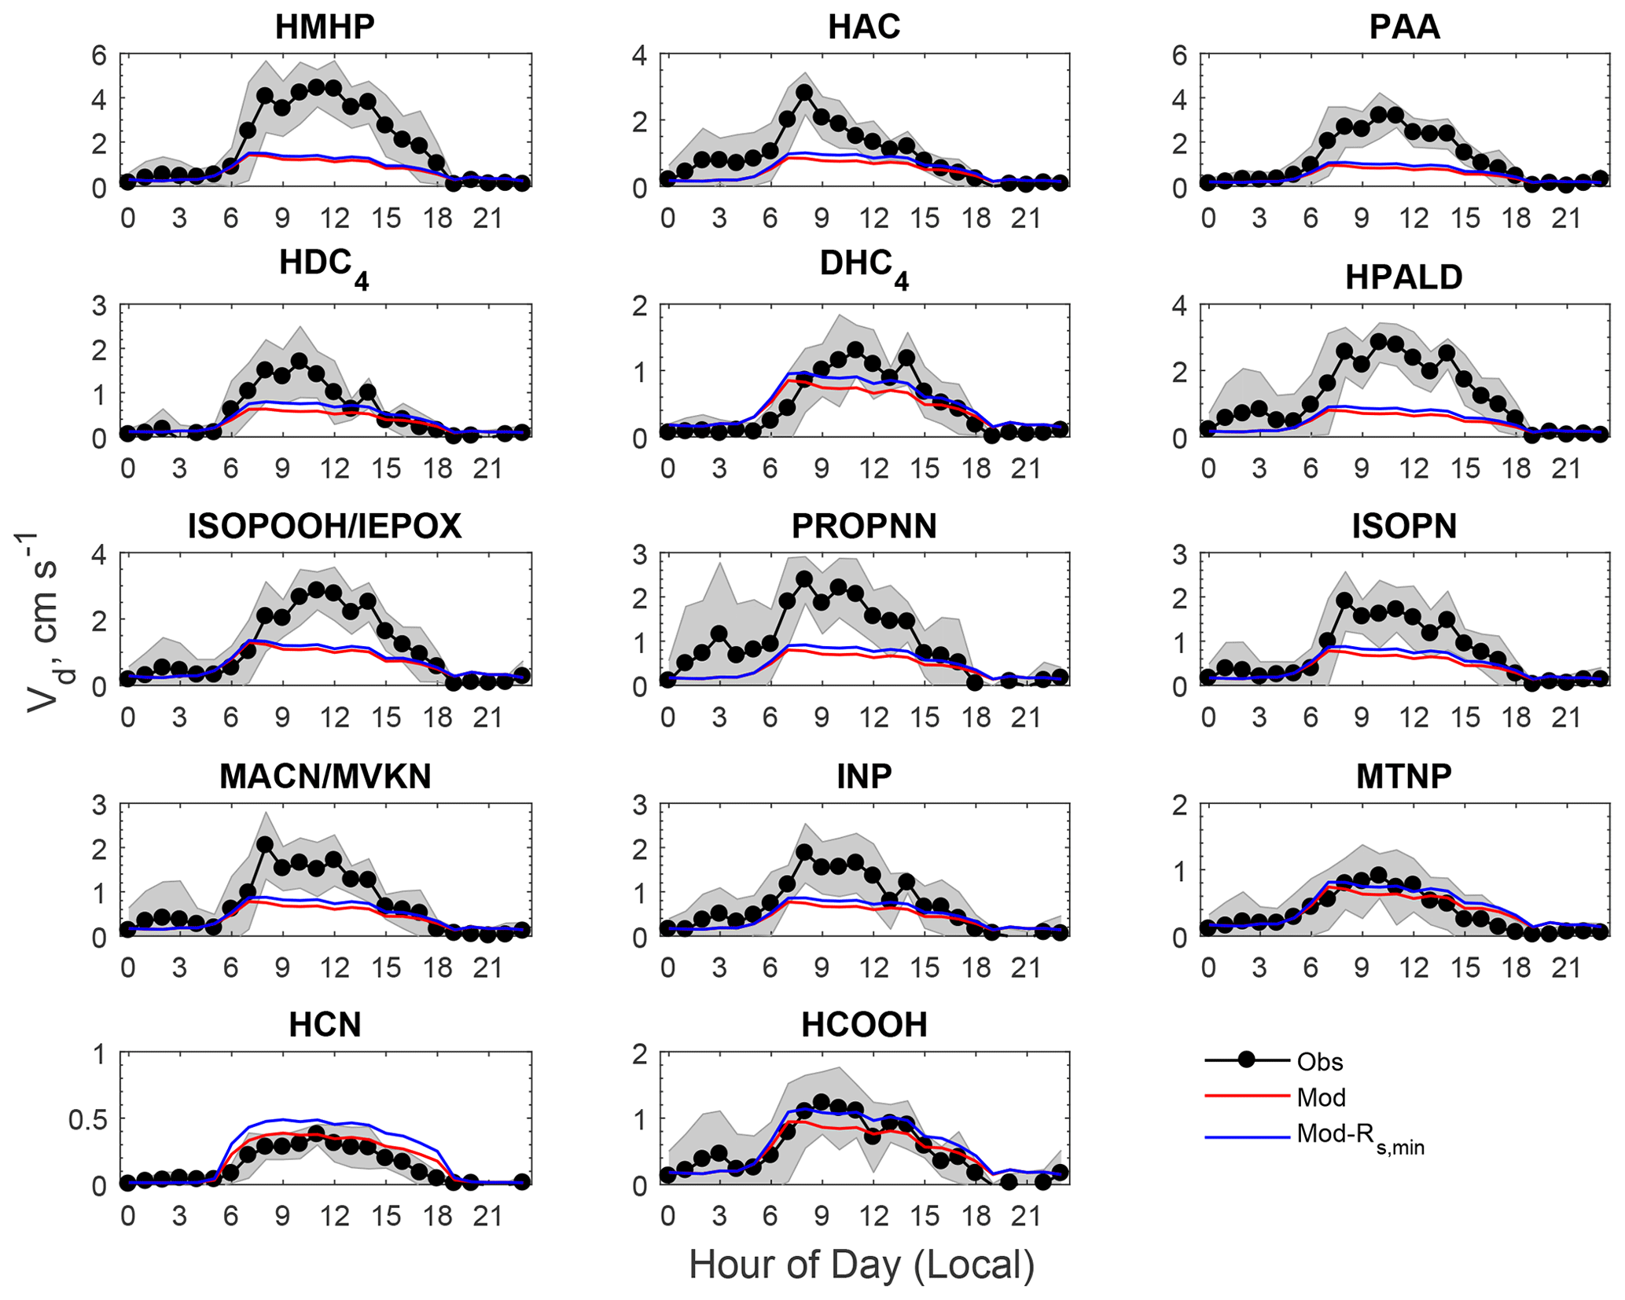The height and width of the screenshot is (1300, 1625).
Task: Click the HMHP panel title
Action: [325, 27]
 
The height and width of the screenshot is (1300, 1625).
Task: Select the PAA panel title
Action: [1404, 27]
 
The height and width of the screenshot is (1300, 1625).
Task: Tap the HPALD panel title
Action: [1404, 277]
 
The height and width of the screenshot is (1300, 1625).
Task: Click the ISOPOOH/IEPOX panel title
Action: [325, 527]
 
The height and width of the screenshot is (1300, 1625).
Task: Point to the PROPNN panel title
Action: [864, 527]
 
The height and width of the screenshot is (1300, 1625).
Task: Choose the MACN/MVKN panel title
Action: [325, 777]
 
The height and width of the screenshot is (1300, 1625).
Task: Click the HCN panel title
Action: [325, 1025]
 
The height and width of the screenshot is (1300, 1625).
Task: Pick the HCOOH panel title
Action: [864, 1025]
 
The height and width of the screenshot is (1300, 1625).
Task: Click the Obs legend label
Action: [1320, 1062]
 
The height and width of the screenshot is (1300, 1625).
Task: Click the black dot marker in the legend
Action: [1246, 1059]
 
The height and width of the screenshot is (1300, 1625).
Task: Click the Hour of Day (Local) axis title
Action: [862, 1265]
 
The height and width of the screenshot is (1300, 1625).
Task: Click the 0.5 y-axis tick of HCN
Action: [86, 1120]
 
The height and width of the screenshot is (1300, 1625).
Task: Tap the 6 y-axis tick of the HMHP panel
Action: [99, 56]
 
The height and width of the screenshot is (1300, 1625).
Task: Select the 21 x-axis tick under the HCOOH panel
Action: [1026, 1217]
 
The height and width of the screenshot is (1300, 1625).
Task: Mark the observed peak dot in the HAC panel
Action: [804, 93]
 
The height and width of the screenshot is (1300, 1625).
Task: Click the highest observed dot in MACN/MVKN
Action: [265, 845]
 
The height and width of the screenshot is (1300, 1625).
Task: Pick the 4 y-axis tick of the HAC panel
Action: [640, 56]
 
